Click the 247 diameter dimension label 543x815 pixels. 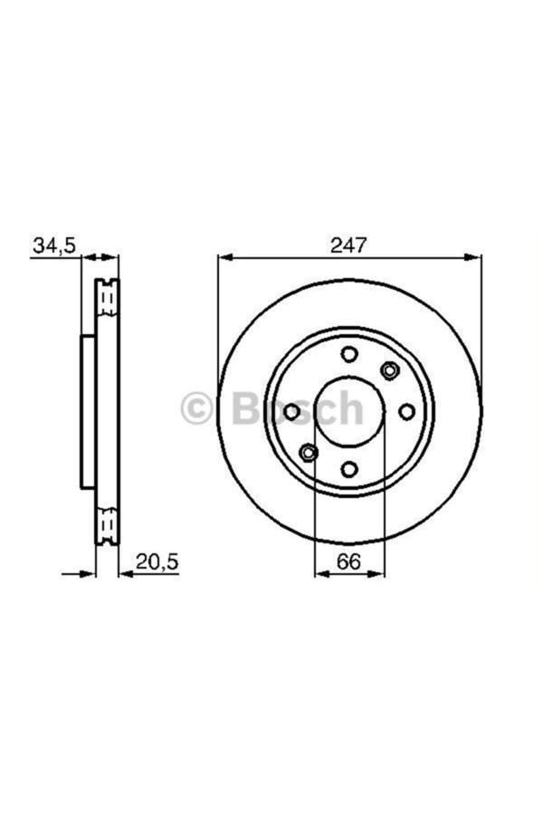pyautogui.click(x=349, y=244)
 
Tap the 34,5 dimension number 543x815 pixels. pyautogui.click(x=54, y=244)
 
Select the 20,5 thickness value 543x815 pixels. pyautogui.click(x=157, y=561)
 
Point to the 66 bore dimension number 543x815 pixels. pyautogui.click(x=349, y=561)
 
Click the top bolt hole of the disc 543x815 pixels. pyautogui.click(x=349, y=354)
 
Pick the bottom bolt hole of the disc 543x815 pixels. pyautogui.click(x=349, y=468)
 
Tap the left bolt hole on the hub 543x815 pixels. pyautogui.click(x=291, y=412)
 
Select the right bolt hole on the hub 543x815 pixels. pyautogui.click(x=407, y=412)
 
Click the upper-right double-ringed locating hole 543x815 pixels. pyautogui.click(x=390, y=369)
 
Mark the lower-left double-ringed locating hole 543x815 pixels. pyautogui.click(x=309, y=452)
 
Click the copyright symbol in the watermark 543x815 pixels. pyautogui.click(x=196, y=408)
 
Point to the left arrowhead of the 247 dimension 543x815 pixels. pyautogui.click(x=223, y=258)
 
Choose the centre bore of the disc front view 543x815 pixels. pyautogui.click(x=349, y=412)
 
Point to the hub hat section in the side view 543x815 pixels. pyautogui.click(x=88, y=412)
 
